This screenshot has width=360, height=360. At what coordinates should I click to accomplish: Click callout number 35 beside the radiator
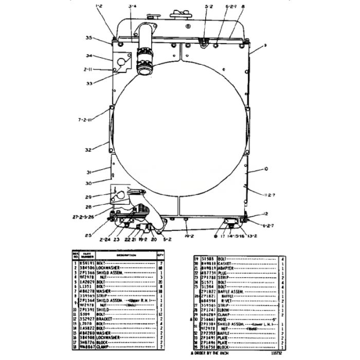point(88,38)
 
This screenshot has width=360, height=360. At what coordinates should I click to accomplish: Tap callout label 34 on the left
point(88,56)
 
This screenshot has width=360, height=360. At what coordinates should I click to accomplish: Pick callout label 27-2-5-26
point(84,217)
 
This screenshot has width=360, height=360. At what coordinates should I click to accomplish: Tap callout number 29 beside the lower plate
point(88,197)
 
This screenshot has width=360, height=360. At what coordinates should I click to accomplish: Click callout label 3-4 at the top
point(132,6)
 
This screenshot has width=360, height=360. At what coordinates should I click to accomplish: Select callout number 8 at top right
point(242,6)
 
